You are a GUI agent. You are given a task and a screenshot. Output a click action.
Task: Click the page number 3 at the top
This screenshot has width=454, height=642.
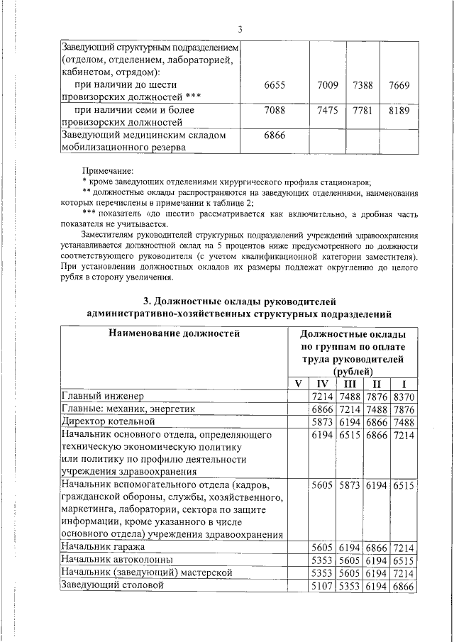[240, 28]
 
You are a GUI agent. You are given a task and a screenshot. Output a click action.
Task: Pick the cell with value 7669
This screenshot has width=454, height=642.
[399, 85]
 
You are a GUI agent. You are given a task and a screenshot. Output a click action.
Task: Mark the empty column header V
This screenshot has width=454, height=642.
[297, 384]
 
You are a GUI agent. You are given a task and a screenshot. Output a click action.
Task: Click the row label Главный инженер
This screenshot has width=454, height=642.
[102, 395]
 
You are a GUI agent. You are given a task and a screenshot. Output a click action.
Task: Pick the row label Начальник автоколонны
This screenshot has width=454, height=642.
[112, 560]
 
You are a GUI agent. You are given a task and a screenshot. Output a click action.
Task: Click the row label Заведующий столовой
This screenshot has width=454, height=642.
[113, 586]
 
